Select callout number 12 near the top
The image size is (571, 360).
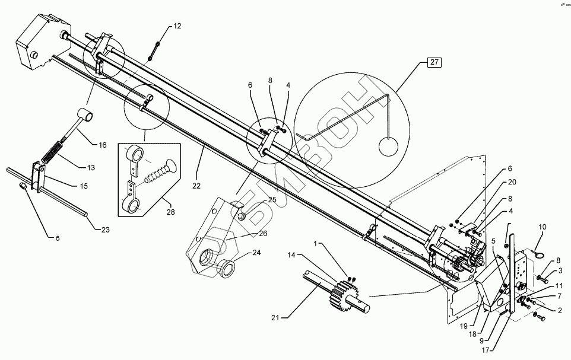(x=178, y=27)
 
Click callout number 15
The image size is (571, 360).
(x=84, y=186)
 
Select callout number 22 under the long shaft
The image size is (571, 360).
(x=196, y=185)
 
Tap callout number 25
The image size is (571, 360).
(x=272, y=200)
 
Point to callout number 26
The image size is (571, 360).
(x=263, y=233)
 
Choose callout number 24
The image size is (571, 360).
(x=256, y=252)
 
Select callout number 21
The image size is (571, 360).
(x=275, y=318)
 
